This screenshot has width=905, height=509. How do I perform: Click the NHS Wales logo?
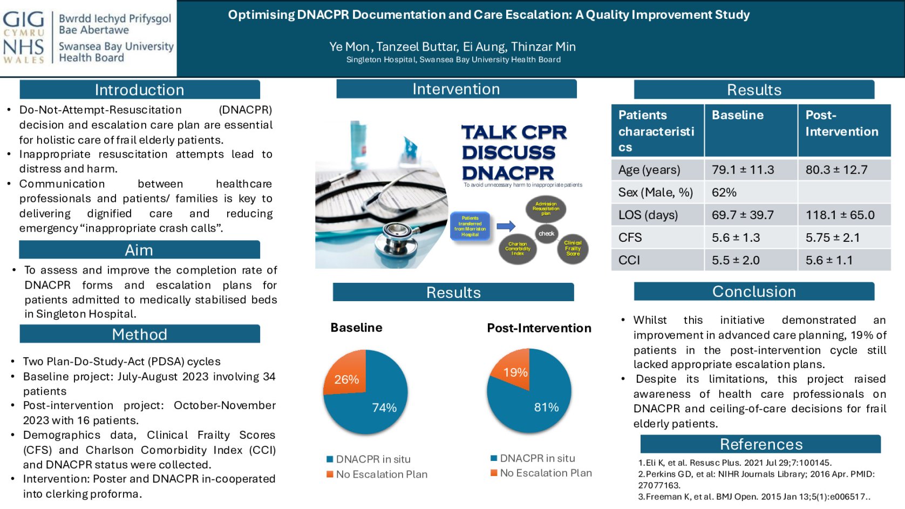point(24,37)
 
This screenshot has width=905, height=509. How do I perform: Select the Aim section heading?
point(139,250)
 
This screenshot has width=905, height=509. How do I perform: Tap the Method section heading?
point(139,334)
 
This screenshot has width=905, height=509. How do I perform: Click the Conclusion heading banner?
point(754,291)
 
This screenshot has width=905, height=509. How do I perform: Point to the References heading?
point(761,444)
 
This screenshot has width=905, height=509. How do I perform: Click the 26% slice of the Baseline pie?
point(347,377)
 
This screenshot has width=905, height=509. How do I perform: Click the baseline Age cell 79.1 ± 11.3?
point(743,169)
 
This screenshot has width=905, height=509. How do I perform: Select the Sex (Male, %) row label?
point(655,192)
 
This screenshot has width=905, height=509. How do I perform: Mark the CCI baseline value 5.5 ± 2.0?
point(736,260)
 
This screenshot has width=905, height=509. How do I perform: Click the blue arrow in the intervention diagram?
point(506,226)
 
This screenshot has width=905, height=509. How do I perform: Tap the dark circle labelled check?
point(546,234)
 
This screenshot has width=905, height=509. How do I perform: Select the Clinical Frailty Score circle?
point(573,248)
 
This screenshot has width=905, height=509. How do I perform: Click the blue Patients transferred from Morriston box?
point(470,226)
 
